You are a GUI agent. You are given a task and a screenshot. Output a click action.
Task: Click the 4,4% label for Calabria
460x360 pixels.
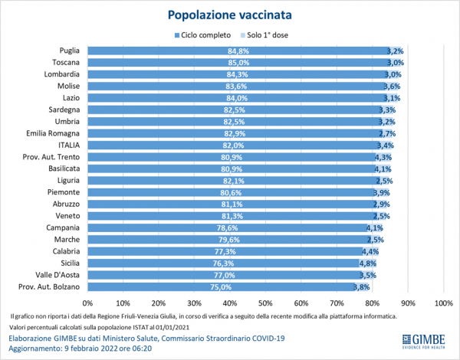[370, 251]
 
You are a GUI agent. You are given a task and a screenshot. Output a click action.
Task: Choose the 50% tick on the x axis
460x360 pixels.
[265, 303]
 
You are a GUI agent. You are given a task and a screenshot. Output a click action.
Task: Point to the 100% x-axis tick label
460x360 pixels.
[443, 303]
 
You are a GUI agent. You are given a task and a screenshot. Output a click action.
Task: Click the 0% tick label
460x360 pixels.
[89, 303]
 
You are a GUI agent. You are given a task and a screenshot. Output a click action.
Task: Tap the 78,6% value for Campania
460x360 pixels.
[226, 228]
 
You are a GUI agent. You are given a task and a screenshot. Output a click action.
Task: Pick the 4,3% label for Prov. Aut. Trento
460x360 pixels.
[383, 157]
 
